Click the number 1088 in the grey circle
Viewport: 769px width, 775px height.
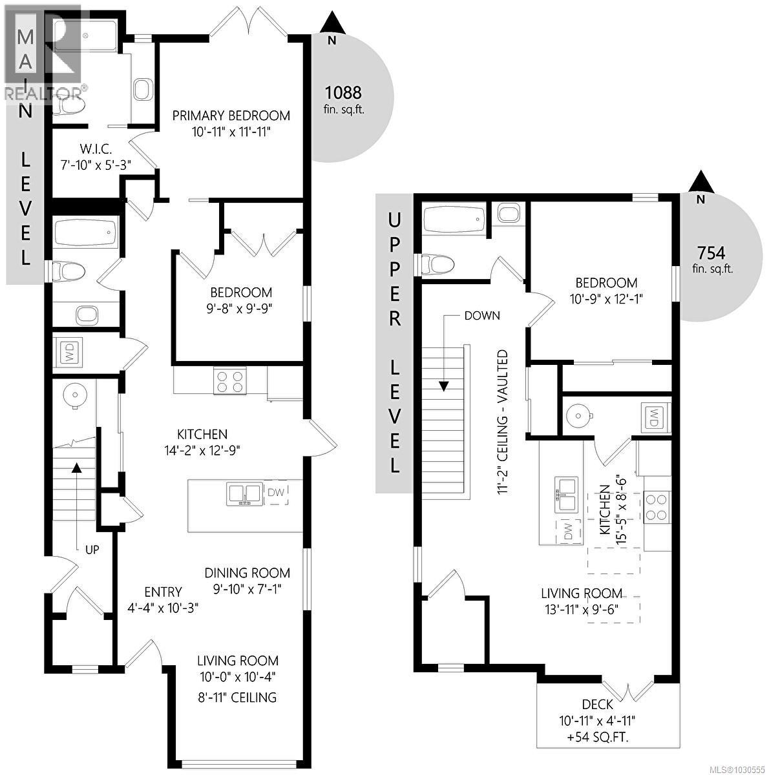click(342, 92)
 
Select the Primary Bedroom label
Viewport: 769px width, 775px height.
click(231, 116)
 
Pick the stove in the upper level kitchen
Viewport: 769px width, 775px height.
click(657, 507)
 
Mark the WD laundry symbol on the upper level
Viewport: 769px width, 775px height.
click(654, 414)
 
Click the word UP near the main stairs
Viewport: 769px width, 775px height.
click(92, 550)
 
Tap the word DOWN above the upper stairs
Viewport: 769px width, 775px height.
click(481, 316)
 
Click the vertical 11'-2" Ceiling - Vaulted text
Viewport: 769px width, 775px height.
click(501, 423)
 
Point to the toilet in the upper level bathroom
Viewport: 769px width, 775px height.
click(436, 263)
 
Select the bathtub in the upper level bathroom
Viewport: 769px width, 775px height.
click(453, 220)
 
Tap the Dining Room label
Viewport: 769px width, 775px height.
click(248, 573)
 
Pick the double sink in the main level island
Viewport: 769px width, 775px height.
click(244, 493)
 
